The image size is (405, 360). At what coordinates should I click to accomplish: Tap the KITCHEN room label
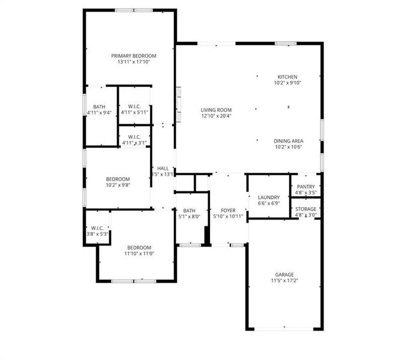pos(287,77)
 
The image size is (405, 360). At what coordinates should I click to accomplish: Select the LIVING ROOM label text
pos(216,110)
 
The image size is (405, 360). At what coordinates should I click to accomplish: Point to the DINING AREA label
pos(289,141)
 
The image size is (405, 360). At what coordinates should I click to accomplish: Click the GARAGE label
pos(284,274)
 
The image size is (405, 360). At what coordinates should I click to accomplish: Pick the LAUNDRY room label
pos(269,197)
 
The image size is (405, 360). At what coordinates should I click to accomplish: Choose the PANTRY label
pos(305,187)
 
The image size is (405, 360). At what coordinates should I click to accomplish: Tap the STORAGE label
pos(305,209)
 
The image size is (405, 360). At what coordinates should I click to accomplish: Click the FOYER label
pos(228,210)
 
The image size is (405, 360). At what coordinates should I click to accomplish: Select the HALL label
pos(163,169)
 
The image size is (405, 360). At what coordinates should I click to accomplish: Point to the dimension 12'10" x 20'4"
pos(216,116)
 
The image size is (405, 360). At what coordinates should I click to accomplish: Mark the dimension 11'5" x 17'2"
pos(284,280)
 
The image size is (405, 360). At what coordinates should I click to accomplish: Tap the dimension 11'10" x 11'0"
pos(139,253)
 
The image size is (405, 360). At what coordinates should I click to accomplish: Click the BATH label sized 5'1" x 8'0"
pos(190,211)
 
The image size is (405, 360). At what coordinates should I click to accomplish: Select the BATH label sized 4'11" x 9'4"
pos(99,106)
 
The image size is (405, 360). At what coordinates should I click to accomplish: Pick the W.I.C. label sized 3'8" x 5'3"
pos(97,228)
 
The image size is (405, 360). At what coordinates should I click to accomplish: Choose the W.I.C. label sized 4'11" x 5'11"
pos(134,106)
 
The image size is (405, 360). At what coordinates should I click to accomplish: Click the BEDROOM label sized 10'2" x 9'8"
pos(118,179)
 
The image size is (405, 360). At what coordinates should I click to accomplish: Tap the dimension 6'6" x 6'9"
pos(269,203)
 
